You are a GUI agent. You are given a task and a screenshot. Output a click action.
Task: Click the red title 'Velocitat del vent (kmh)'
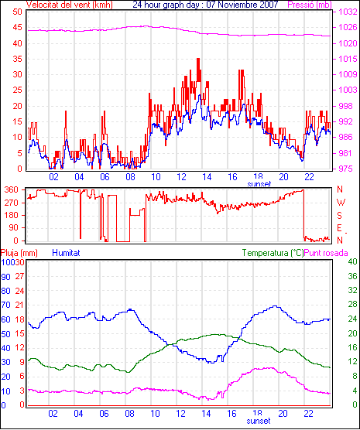pyautogui.click(x=69, y=5)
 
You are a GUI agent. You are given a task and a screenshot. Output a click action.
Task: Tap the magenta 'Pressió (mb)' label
pyautogui.click(x=310, y=5)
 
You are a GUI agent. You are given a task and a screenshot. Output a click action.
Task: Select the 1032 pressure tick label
pyautogui.click(x=348, y=12)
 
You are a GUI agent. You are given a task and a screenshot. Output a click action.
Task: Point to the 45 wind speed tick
pyautogui.click(x=17, y=27)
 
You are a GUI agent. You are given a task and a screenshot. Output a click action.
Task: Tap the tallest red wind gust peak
pyautogui.click(x=198, y=59)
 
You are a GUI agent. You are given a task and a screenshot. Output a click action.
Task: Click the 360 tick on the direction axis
pyautogui.click(x=12, y=189)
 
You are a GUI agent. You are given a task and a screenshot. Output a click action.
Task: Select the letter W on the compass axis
pyautogui.click(x=341, y=203)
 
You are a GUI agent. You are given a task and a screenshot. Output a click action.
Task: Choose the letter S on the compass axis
pyautogui.click(x=340, y=216)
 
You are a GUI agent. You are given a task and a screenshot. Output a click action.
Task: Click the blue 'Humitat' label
pyautogui.click(x=66, y=253)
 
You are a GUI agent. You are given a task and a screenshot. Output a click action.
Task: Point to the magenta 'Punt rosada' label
pyautogui.click(x=326, y=253)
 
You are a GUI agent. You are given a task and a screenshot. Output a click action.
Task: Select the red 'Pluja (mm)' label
pyautogui.click(x=19, y=253)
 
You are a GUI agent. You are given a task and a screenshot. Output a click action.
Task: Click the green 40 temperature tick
pyautogui.click(x=352, y=261)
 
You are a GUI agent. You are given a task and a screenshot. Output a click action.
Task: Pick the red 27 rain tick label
pyautogui.click(x=19, y=276)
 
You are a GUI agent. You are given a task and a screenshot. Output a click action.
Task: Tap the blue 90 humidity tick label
pyautogui.click(x=5, y=277)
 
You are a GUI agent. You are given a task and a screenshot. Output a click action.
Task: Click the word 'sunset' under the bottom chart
pyautogui.click(x=259, y=421)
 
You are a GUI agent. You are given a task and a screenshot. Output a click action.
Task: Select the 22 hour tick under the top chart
pyautogui.click(x=309, y=177)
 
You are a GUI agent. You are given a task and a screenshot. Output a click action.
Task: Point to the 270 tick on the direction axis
pyautogui.click(x=12, y=203)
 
